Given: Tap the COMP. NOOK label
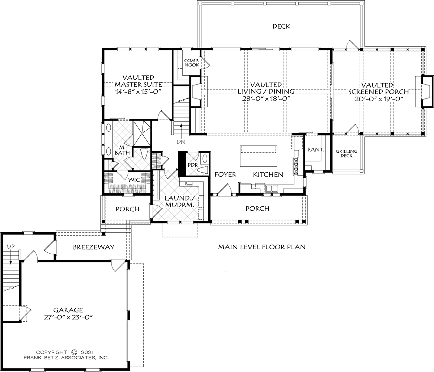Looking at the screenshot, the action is click(192, 63).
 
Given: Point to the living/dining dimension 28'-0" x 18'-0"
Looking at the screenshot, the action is click(266, 98).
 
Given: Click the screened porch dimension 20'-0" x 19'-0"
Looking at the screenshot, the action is click(379, 99).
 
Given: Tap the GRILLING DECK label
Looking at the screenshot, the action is click(346, 153).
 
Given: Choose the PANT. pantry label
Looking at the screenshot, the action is click(316, 150).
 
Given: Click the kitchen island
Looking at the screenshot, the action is click(259, 156).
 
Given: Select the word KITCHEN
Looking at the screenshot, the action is click(268, 174).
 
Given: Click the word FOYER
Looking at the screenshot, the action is click(226, 174).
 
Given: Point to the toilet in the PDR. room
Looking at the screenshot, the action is click(203, 170).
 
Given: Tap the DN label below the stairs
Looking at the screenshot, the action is click(181, 142).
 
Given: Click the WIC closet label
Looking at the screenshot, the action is click(134, 180).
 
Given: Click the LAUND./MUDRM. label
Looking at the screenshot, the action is click(179, 201).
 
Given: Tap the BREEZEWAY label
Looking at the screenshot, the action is click(94, 247).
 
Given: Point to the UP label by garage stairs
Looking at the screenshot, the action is click(11, 246).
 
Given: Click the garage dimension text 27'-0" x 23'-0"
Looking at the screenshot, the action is click(68, 317).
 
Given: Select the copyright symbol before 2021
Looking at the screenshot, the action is click(75, 352).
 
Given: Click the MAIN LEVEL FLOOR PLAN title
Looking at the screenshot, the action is click(262, 247).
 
